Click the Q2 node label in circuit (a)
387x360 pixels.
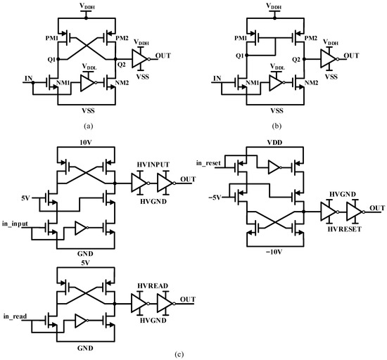point(120,65)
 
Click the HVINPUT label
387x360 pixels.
point(154,166)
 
